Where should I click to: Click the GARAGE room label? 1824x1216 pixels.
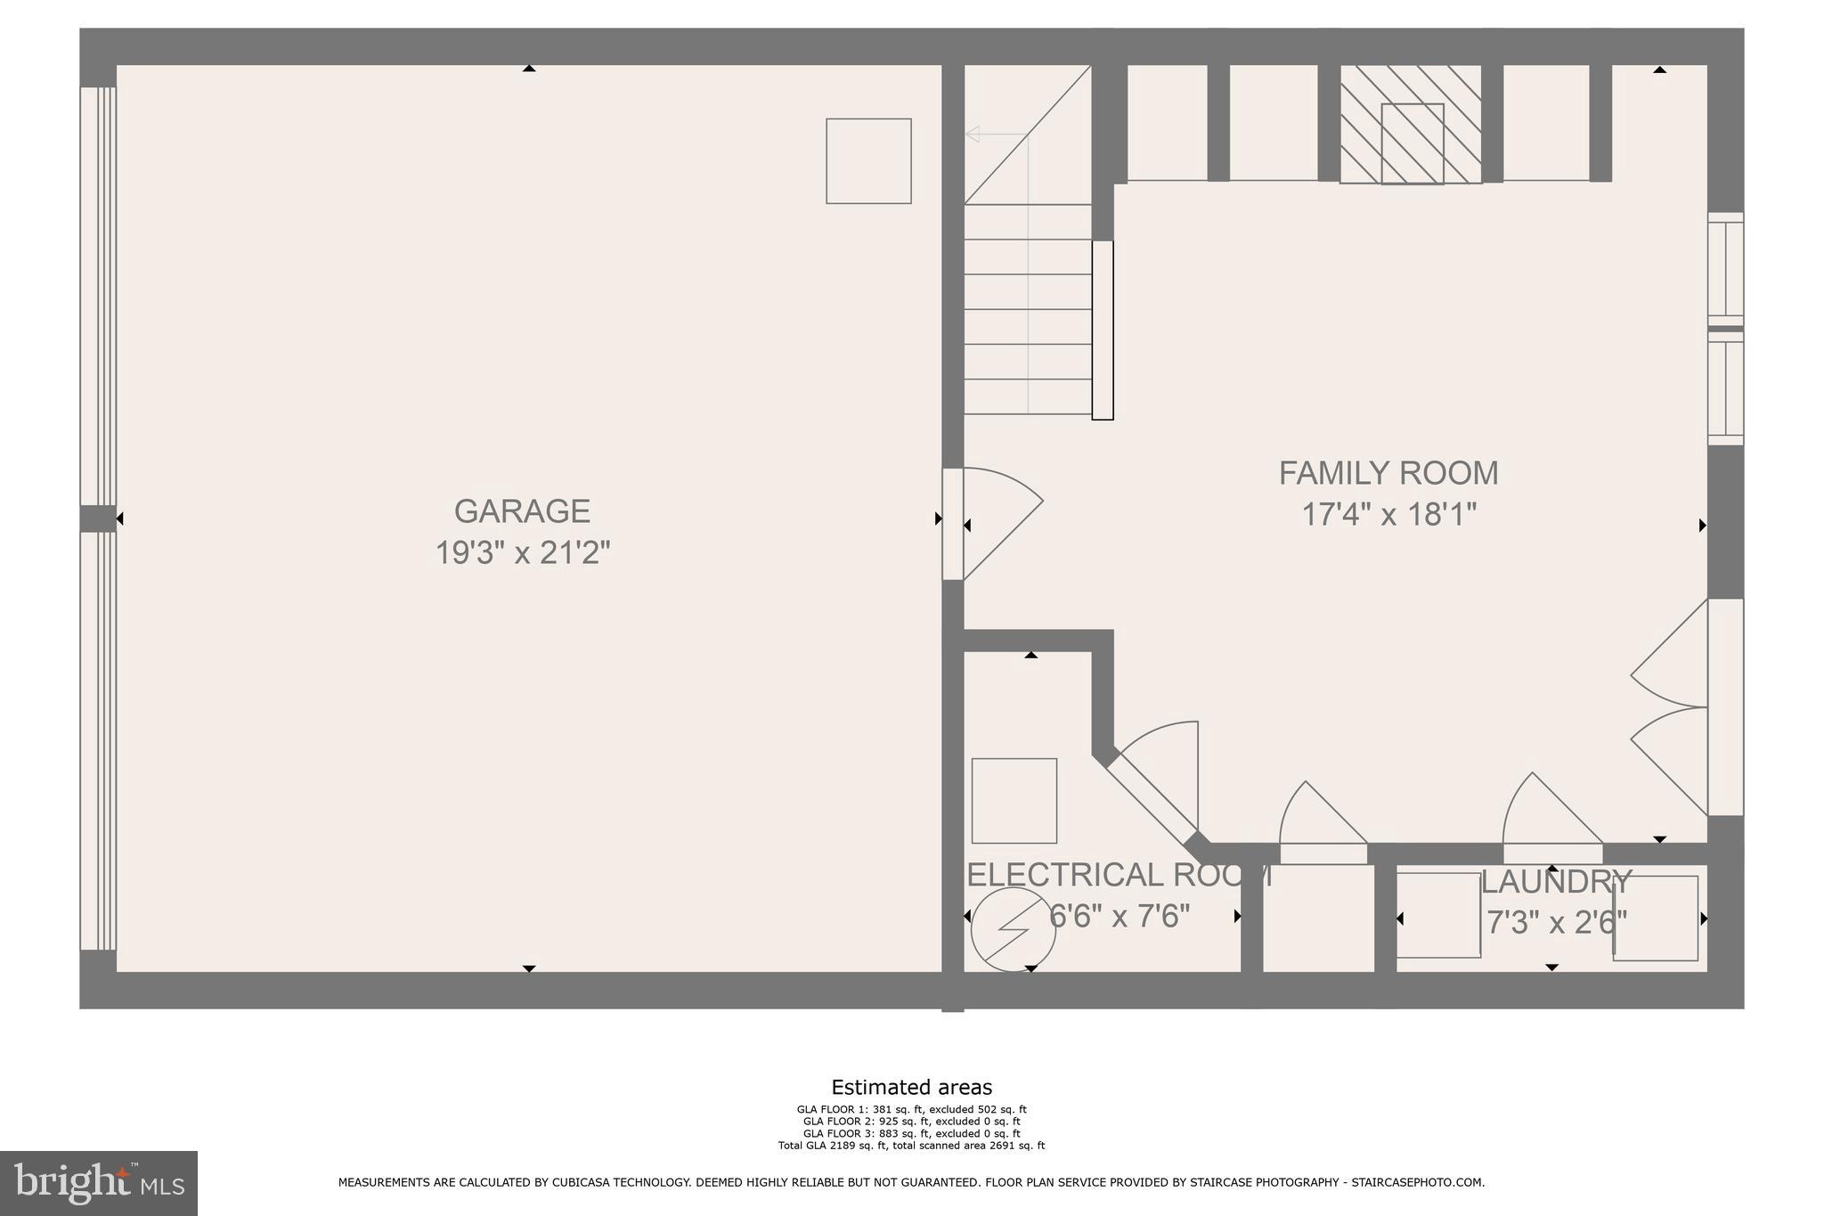[x=522, y=511]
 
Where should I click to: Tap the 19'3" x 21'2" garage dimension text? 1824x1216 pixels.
[x=522, y=553]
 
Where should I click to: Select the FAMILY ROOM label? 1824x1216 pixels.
[x=1388, y=473]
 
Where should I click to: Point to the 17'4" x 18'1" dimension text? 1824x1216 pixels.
[x=1388, y=515]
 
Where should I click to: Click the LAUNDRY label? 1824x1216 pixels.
[x=1555, y=882]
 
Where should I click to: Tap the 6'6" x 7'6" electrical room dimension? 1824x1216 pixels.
[x=1120, y=916]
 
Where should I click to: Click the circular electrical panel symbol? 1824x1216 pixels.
[x=1013, y=929]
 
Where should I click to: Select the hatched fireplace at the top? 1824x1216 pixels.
[x=1411, y=125]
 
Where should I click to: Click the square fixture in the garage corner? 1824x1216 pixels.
[x=868, y=161]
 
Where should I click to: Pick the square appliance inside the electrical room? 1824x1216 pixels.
[x=1014, y=801]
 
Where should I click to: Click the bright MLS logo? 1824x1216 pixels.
[x=99, y=1183]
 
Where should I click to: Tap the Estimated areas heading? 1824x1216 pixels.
[x=911, y=1087]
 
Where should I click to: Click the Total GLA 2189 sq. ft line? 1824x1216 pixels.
[x=911, y=1146]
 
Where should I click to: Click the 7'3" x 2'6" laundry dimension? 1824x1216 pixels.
[x=1555, y=922]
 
